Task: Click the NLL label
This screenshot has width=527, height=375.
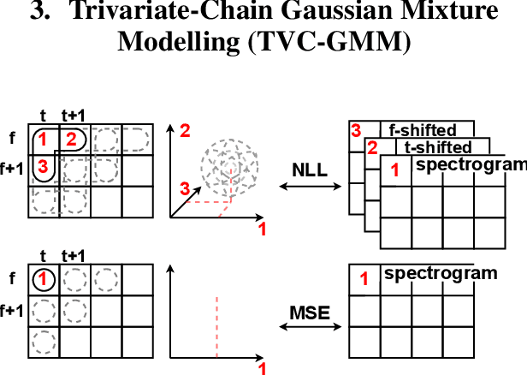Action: [310, 170]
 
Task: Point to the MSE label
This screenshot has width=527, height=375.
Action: [310, 312]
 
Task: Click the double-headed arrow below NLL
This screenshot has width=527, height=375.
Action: [311, 185]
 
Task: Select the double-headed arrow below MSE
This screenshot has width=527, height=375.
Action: [311, 328]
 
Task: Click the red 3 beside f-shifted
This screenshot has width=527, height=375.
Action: [355, 131]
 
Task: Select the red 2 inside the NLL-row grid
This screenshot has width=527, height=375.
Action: [72, 139]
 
